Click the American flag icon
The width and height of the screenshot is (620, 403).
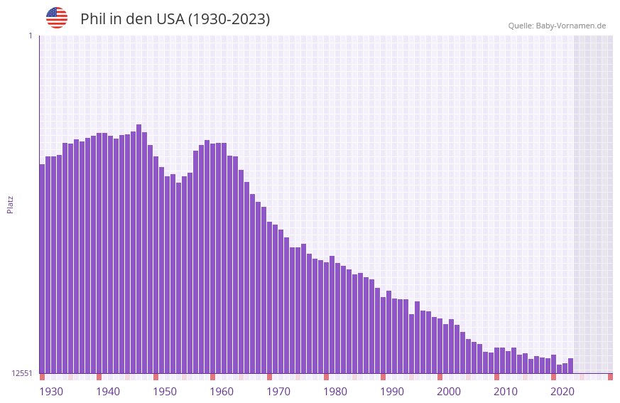[x=57, y=18]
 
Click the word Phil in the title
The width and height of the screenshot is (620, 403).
[x=92, y=19]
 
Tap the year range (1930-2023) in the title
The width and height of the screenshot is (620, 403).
[x=229, y=19]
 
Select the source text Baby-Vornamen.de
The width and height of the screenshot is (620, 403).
[x=570, y=26]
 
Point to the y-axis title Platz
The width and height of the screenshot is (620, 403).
[x=10, y=204]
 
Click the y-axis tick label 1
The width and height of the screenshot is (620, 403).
[x=30, y=36]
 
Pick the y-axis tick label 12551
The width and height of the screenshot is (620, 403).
[x=22, y=373]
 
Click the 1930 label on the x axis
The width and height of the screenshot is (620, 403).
[x=51, y=392]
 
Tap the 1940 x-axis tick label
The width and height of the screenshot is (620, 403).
[x=108, y=392]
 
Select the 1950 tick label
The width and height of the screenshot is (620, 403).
[x=165, y=392]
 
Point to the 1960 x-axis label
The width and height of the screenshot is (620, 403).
[x=222, y=392]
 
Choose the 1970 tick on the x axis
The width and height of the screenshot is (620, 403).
[x=278, y=392]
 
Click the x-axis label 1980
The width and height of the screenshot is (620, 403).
[x=335, y=392]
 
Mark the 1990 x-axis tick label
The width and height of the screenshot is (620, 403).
[x=392, y=392]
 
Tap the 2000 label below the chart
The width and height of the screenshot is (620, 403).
[x=449, y=392]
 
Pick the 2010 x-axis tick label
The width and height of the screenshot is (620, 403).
[x=506, y=392]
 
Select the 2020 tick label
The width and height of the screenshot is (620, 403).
[x=562, y=392]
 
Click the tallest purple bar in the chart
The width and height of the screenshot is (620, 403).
[x=139, y=249]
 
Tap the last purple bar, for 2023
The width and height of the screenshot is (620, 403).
[x=570, y=365]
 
